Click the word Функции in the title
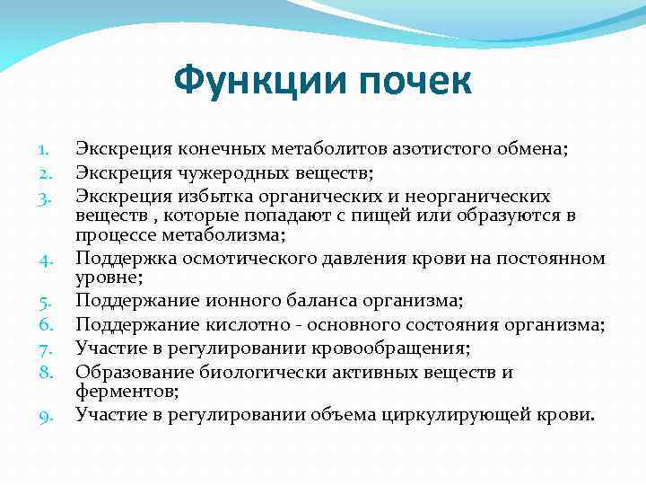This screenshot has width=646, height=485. (x=256, y=81)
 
